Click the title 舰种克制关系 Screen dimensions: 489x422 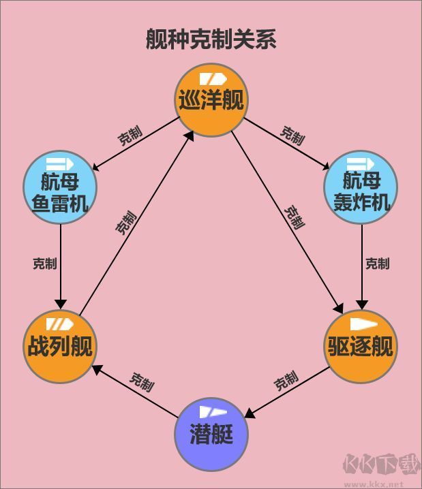pos(211,40)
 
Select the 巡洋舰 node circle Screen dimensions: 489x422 pos(211,101)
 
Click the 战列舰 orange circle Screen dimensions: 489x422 pos(59,347)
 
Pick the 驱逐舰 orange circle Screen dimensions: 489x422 pos(361,347)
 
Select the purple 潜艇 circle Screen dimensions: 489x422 pos(211,434)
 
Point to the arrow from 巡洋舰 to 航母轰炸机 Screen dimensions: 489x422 pos(286,144)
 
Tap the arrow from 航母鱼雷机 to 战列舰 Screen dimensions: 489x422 pos(60,266)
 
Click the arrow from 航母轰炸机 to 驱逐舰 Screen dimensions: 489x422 pos(361,266)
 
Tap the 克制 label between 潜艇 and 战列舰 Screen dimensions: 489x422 pos(142,381)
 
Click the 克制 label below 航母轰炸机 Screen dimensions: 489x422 pos(377,263)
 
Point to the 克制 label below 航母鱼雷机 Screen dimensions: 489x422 pos(44,263)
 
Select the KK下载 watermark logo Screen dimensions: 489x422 pos(382,466)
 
